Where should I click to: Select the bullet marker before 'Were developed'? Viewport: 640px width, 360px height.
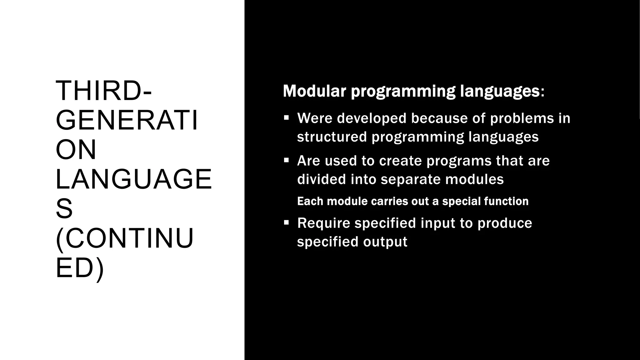click(x=286, y=118)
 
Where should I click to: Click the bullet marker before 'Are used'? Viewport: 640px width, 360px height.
click(x=286, y=161)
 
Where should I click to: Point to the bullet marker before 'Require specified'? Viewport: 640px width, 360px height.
click(x=286, y=223)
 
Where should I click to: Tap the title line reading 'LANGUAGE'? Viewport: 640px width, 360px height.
click(x=134, y=179)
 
